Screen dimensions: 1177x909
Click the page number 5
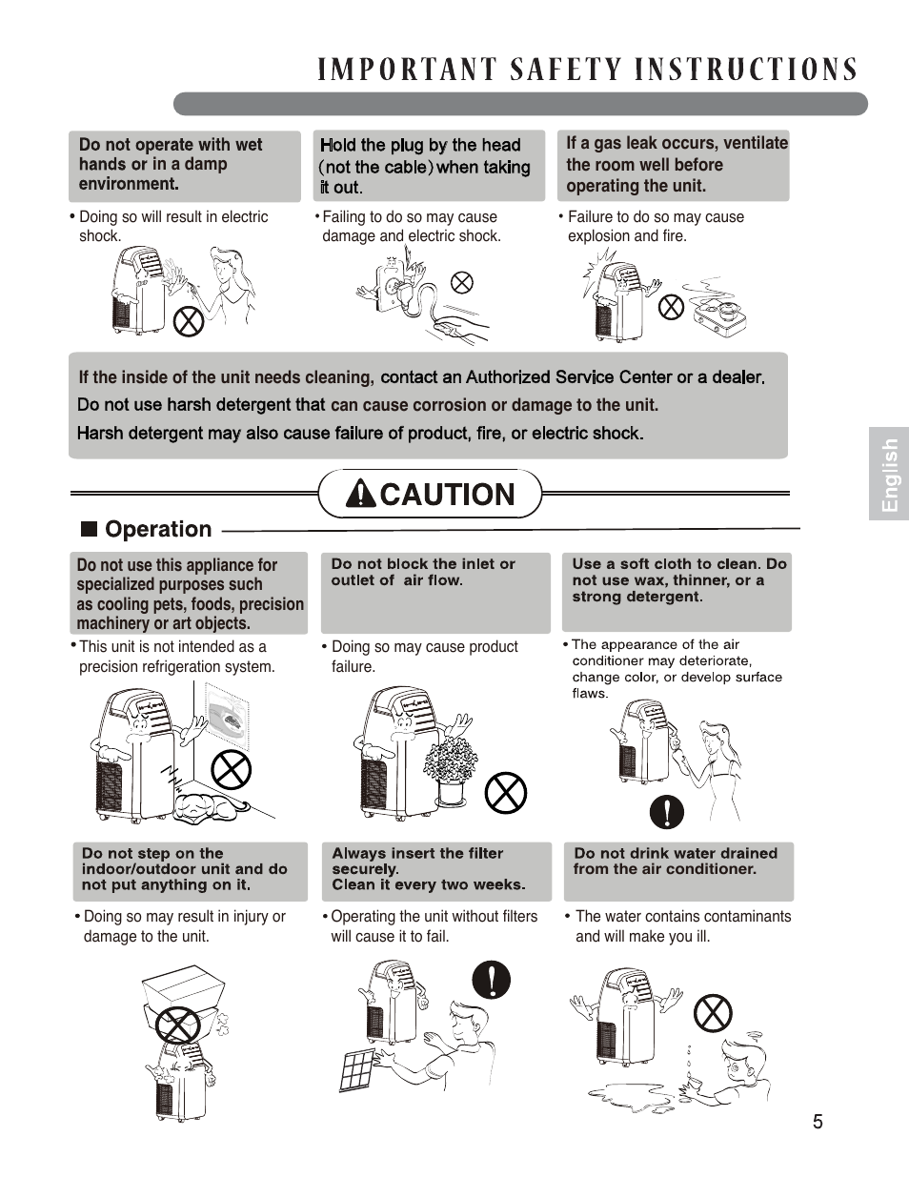818,1122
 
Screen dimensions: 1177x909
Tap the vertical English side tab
889,474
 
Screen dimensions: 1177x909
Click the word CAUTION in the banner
447,494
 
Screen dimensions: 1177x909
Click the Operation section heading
158,529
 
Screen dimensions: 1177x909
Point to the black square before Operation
90,529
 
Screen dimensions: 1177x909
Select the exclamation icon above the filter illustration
492,979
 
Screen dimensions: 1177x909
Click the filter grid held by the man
359,1071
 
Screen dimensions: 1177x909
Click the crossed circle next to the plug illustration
462,282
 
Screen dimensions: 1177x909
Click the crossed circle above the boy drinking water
713,1012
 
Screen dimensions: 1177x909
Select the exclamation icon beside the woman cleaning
667,811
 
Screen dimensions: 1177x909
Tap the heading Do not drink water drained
676,853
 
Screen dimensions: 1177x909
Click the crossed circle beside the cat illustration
231,768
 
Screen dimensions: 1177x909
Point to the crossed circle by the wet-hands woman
188,320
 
